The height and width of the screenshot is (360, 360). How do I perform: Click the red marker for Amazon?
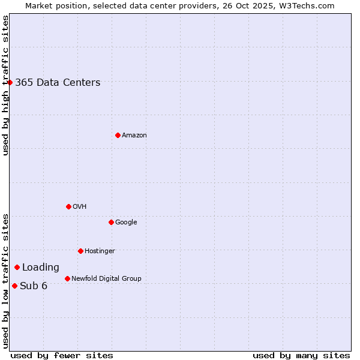[x=118, y=135]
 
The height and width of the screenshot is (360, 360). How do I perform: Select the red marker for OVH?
[x=68, y=206]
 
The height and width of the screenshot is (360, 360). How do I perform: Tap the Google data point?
[x=111, y=222]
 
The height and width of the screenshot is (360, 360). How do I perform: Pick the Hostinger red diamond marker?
[x=80, y=251]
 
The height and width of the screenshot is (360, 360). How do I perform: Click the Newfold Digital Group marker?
[x=67, y=278]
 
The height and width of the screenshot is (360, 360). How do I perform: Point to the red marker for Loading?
[x=17, y=267]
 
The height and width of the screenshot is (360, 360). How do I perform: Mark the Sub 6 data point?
[x=14, y=286]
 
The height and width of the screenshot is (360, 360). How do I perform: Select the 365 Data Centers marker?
[x=10, y=82]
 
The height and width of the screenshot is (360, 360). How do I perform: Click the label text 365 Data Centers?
[x=58, y=83]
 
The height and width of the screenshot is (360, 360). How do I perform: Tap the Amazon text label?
[x=134, y=136]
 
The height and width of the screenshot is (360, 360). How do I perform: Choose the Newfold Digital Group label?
[x=106, y=278]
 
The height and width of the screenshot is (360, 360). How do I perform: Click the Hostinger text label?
[x=100, y=251]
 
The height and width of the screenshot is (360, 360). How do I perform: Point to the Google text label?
[x=126, y=222]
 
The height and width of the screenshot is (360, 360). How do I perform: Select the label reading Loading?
[x=41, y=268]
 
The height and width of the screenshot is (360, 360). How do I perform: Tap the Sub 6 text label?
[x=34, y=286]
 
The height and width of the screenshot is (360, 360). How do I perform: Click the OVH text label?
[x=80, y=207]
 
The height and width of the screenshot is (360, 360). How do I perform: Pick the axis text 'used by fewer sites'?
[x=62, y=355]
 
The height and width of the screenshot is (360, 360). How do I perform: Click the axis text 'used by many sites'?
[x=301, y=355]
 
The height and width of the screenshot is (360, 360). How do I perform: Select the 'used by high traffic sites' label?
[x=5, y=85]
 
